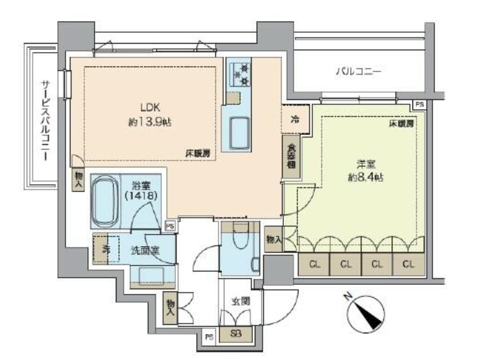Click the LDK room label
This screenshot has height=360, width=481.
(x=149, y=107)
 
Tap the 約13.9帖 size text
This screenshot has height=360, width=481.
(x=149, y=122)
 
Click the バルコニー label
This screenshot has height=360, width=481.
(x=358, y=72)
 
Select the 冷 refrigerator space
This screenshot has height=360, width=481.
(x=295, y=119)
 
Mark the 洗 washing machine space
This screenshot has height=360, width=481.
(x=105, y=249)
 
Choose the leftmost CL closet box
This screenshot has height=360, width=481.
(x=314, y=264)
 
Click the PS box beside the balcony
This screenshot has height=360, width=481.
(x=419, y=105)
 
